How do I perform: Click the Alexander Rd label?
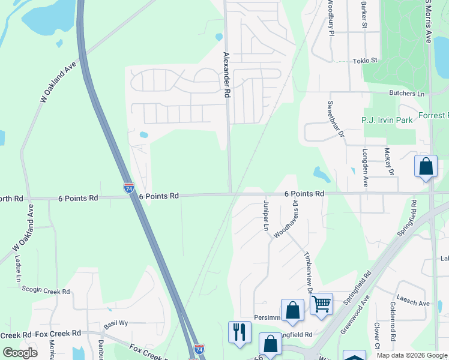tap(226, 75)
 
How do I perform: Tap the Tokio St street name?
tap(364, 61)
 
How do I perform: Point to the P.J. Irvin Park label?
tap(387, 120)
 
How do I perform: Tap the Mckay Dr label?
tap(389, 162)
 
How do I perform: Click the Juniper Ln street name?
tap(265, 217)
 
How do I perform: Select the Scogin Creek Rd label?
tap(46, 292)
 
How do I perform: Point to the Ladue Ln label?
tap(18, 269)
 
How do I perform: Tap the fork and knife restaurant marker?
tap(240, 332)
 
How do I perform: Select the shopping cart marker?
tap(321, 304)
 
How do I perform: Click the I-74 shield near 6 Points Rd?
tap(129, 188)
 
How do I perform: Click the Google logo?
tap(20, 353)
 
